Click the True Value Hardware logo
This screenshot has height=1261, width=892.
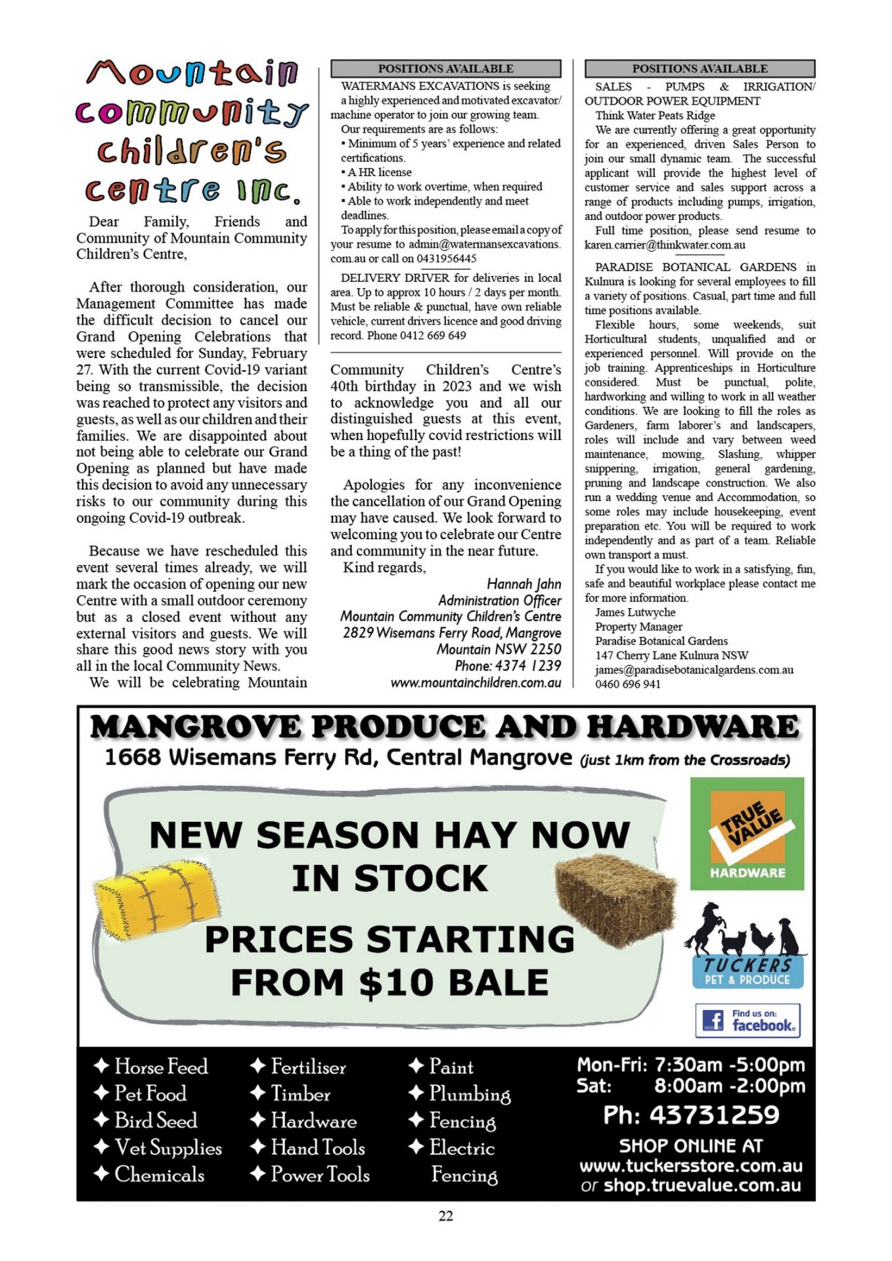coord(747,833)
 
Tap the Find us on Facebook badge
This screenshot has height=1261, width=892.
coord(747,1020)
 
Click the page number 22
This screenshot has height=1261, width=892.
coord(445,1216)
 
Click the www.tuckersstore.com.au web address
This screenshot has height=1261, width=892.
coord(691,1166)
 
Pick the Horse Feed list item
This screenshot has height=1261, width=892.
coord(160,1066)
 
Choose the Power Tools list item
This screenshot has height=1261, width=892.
coord(320,1174)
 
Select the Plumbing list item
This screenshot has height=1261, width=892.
coord(469,1094)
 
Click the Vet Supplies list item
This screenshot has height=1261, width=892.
coord(167,1147)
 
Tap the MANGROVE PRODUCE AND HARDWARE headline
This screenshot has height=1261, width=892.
coord(445,727)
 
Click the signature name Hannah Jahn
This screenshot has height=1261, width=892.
coord(524,584)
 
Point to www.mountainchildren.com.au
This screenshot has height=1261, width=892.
coord(476,682)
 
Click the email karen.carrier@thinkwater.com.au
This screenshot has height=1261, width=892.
coord(665,245)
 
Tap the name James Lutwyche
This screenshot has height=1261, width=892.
coord(635,612)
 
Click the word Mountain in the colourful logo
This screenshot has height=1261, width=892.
coord(192,73)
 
